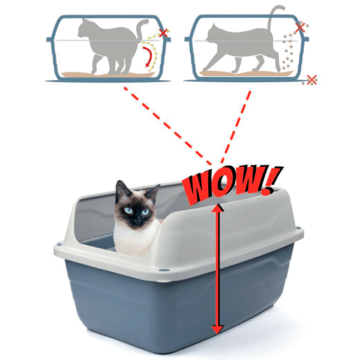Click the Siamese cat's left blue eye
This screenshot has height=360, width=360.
click(128, 211)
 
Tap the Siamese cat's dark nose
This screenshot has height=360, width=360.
click(137, 221)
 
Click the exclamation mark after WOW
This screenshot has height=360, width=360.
click(272, 181)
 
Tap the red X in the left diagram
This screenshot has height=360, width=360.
click(163, 33)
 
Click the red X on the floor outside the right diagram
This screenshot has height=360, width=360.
click(311, 80)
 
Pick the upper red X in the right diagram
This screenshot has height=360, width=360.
click(300, 28)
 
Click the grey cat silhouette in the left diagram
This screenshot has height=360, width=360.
click(110, 47)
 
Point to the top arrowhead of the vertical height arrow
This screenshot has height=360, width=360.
click(217, 208)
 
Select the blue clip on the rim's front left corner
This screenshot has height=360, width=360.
click(59, 243)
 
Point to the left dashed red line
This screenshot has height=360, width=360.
click(167, 126)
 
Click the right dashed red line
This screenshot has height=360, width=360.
click(236, 127)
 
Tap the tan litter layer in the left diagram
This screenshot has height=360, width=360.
click(109, 74)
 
